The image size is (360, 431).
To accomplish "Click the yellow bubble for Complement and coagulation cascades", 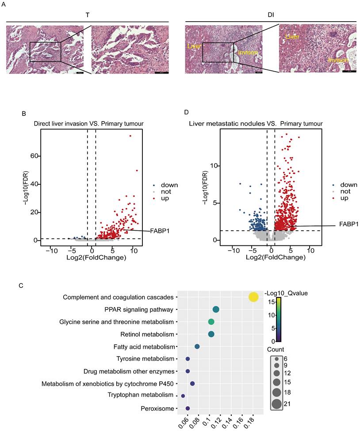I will click(253, 297).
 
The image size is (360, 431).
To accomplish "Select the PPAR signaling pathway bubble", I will click(216, 309).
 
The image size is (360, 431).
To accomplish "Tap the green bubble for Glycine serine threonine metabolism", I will click(211, 322).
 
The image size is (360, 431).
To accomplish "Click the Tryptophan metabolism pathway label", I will click(138, 394).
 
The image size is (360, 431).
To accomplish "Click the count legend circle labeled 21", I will click(276, 403).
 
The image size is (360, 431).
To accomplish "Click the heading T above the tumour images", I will click(88, 15).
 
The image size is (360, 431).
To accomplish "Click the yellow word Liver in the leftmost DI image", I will click(195, 46).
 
